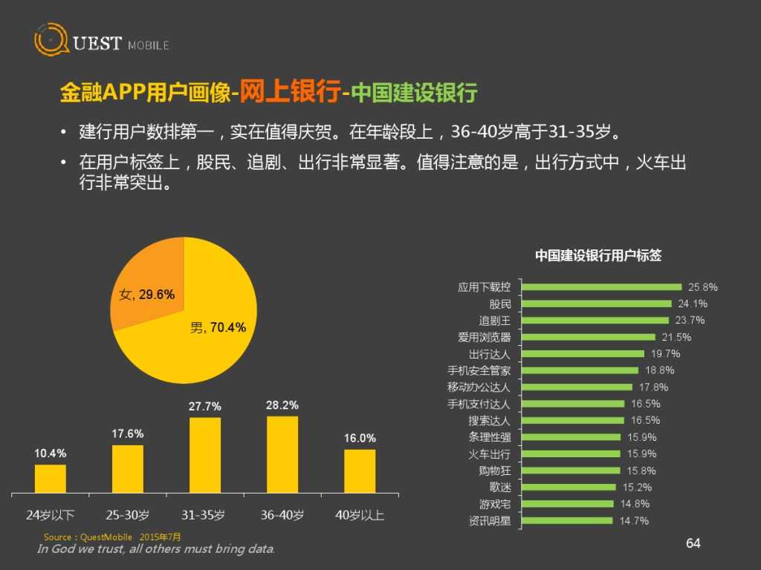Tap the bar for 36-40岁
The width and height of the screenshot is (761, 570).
[282, 452]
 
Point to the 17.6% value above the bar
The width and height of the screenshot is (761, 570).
[128, 434]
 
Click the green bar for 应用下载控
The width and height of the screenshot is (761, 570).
[601, 287]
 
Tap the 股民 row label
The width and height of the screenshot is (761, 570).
[500, 304]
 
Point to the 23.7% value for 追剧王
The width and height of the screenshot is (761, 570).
[690, 321]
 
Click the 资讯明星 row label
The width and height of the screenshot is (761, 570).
[490, 521]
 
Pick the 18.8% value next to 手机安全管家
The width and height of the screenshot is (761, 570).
[659, 370]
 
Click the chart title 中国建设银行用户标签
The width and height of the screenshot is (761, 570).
[598, 255]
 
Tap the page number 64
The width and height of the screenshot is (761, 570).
[693, 544]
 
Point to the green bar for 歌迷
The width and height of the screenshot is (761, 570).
[569, 488]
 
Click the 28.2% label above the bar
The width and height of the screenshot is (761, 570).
[282, 405]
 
